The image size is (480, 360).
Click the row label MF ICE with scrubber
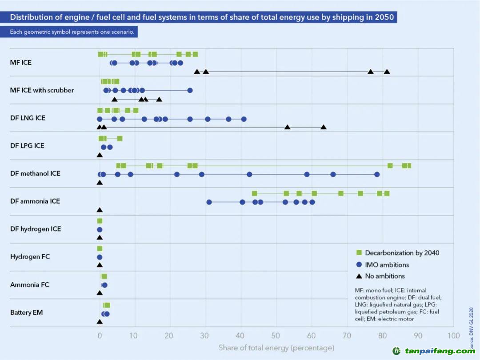point(42,90)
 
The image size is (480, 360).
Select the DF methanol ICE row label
point(35,173)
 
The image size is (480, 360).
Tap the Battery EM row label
point(26,312)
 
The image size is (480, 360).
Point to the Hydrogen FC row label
point(30,257)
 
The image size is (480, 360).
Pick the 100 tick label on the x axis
point(453,336)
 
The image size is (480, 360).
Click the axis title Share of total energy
point(276,348)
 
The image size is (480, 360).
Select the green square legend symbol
point(359,252)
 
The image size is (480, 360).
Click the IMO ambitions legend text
point(387,264)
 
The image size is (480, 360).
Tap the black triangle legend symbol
point(359,276)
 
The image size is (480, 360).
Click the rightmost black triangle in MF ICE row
point(387,72)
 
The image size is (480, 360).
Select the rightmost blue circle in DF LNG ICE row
point(244,119)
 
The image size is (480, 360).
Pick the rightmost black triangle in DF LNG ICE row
point(323,127)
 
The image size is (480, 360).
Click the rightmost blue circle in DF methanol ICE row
point(377,174)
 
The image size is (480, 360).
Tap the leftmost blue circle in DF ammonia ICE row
point(209,202)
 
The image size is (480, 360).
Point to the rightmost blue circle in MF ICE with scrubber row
point(190,90)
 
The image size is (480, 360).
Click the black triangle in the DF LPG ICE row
point(100,155)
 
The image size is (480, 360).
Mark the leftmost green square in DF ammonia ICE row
point(254,193)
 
